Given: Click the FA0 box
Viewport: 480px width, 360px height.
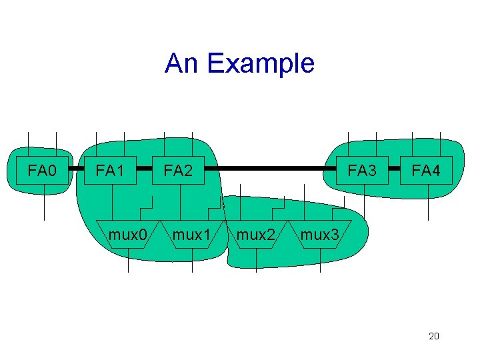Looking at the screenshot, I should (x=43, y=171).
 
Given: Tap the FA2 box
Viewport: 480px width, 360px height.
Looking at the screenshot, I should (x=178, y=171).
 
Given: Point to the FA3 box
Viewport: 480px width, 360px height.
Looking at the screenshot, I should (x=362, y=171).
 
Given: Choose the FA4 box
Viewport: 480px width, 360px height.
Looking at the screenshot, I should (x=426, y=171).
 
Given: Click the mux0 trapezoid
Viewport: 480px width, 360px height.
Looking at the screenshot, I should (x=128, y=235).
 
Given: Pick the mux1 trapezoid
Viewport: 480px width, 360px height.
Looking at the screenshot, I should (x=192, y=235).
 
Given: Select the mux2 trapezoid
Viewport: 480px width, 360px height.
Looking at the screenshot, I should (x=256, y=235).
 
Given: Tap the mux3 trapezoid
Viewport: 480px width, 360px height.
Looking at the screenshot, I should (x=320, y=235).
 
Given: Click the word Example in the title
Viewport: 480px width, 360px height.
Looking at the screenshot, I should (x=261, y=64).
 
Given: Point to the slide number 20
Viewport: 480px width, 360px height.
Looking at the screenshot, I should (x=433, y=336).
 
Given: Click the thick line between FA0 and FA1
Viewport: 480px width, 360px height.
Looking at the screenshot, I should (x=77, y=169).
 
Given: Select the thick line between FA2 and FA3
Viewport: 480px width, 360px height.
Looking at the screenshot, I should (x=270, y=168).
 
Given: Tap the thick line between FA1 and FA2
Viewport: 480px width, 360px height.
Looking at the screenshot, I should (x=145, y=169).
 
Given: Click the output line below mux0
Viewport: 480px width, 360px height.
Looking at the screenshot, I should (x=128, y=261).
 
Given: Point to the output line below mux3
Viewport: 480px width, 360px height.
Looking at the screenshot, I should (x=320, y=261).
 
